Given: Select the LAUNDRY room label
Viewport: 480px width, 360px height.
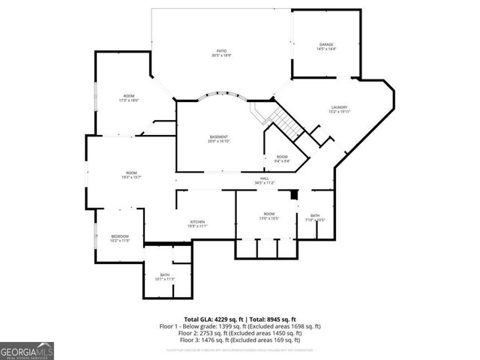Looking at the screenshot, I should (340, 109).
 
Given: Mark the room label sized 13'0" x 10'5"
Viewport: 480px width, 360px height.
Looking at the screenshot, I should (268, 216).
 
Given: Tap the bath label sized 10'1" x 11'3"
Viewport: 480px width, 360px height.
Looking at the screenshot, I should (164, 277).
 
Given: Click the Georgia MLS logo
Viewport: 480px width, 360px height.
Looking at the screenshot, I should (27, 350).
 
